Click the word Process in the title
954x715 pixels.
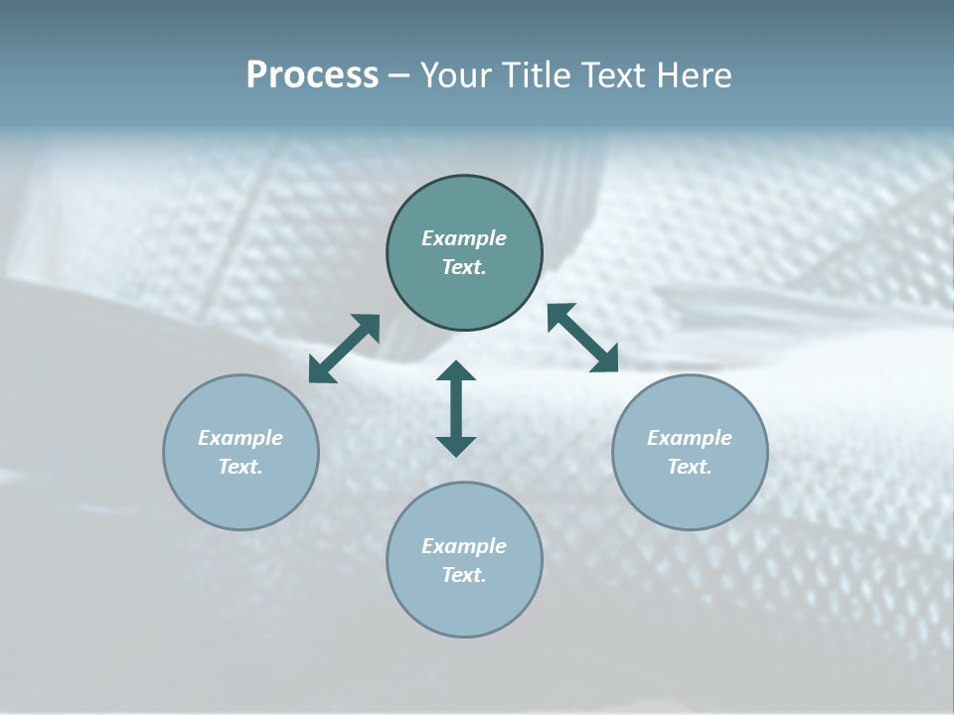pyautogui.click(x=312, y=75)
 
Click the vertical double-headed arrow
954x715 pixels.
pyautogui.click(x=456, y=408)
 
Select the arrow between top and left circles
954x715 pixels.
pyautogui.click(x=344, y=349)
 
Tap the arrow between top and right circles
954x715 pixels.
pyautogui.click(x=583, y=338)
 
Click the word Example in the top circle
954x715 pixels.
pyautogui.click(x=464, y=238)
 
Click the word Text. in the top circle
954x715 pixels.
pyautogui.click(x=464, y=267)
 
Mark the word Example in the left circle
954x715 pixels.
pyautogui.click(x=240, y=438)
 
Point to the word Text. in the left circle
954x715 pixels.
pyautogui.click(x=240, y=467)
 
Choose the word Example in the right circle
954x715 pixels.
pyautogui.click(x=690, y=438)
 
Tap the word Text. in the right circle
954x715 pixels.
pyautogui.click(x=690, y=467)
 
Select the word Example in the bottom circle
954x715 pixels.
pyautogui.click(x=464, y=546)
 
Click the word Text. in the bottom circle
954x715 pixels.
pyautogui.click(x=464, y=575)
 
